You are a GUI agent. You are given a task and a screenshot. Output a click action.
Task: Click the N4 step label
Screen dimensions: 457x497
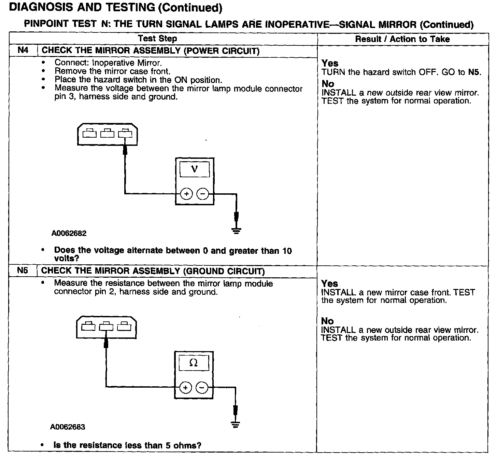click(x=23, y=51)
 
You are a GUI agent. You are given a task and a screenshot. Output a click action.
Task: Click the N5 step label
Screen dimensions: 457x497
click(x=23, y=271)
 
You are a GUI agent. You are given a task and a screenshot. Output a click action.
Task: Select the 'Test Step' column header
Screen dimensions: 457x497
click(x=157, y=39)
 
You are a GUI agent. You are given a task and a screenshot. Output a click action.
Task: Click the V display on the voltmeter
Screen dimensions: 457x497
click(x=195, y=169)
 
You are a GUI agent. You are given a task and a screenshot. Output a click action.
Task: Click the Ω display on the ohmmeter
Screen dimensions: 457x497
click(x=193, y=363)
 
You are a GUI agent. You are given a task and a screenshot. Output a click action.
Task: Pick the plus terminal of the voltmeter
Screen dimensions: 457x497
click(x=186, y=194)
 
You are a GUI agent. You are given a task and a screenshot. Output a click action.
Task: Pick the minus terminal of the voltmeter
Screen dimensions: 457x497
click(x=202, y=194)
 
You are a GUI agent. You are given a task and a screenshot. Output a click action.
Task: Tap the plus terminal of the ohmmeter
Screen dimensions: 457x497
click(x=185, y=388)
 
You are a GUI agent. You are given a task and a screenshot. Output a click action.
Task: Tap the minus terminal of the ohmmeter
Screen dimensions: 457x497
click(x=201, y=388)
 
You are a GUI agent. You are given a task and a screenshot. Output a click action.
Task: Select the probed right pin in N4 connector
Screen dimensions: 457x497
click(x=125, y=133)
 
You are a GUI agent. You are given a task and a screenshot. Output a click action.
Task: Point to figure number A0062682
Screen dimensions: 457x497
click(x=69, y=233)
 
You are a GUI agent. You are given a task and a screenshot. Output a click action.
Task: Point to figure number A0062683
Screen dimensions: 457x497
click(x=68, y=427)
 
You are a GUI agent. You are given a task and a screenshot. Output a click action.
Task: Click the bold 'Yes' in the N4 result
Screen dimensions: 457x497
click(x=330, y=63)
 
